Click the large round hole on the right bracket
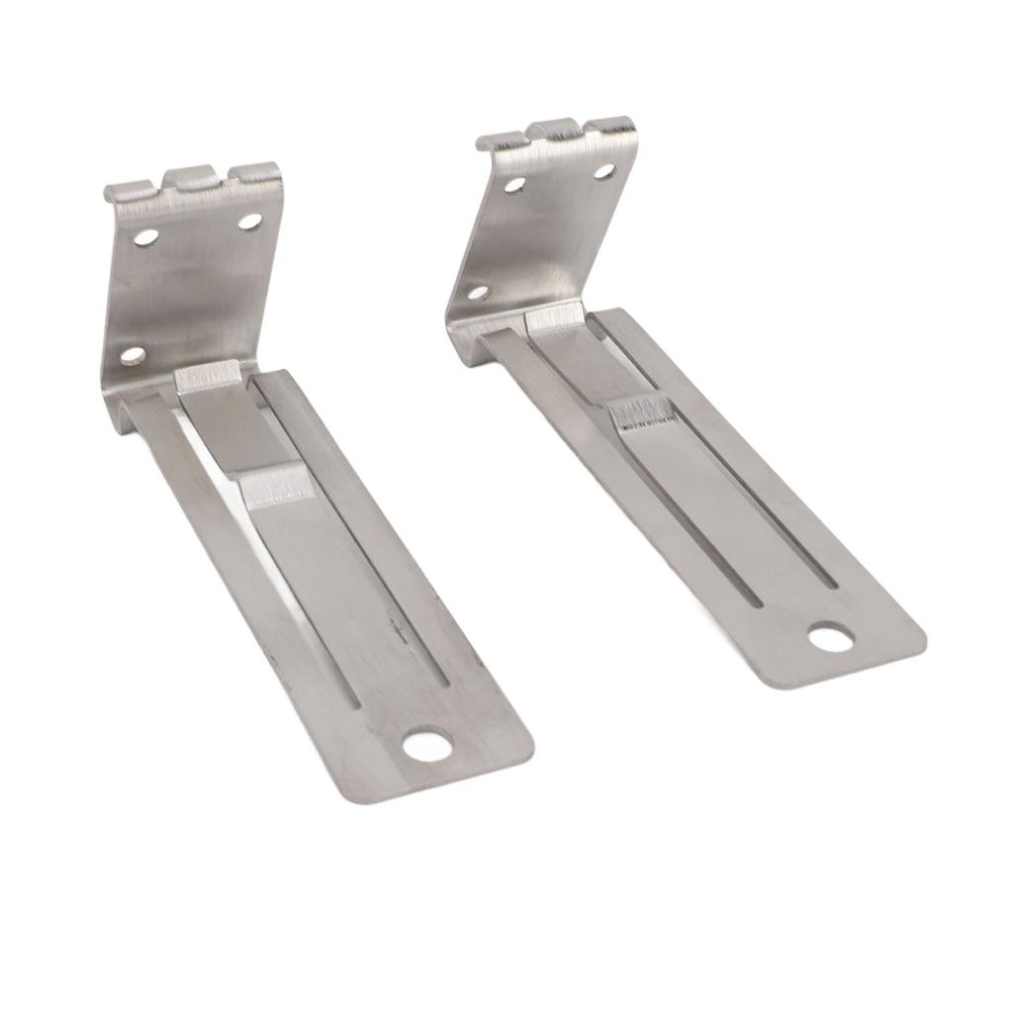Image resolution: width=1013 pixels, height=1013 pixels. (830, 636)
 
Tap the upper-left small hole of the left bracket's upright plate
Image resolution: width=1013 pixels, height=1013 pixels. (145, 237)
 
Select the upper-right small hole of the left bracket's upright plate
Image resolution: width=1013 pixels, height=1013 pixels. (249, 221)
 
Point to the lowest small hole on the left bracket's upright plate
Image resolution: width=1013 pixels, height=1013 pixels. (133, 355)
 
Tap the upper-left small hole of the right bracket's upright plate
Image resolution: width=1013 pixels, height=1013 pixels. (514, 184)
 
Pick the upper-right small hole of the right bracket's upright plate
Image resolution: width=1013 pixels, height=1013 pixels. (603, 170)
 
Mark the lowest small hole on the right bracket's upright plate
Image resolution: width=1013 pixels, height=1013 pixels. (478, 293)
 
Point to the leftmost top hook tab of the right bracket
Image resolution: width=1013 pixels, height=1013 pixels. (499, 142)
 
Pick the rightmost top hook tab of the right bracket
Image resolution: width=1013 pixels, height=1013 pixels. (613, 126)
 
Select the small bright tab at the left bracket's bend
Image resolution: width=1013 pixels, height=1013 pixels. (208, 376)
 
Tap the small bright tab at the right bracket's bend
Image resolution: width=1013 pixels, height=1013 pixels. (554, 317)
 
